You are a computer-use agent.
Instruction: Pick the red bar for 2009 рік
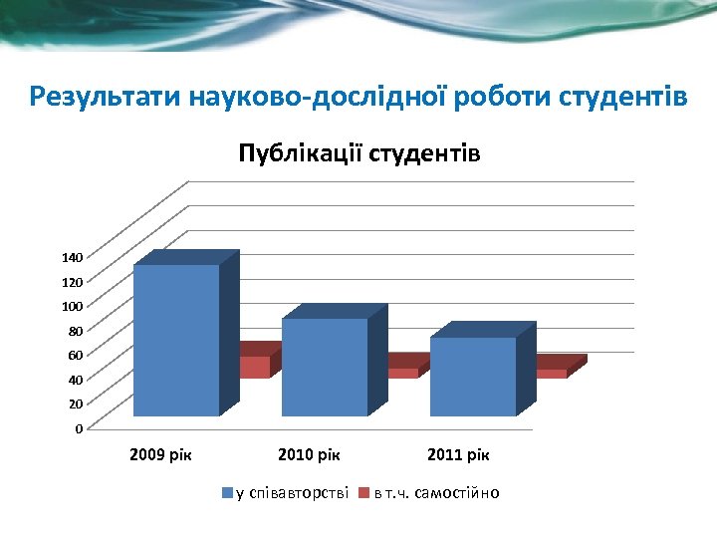[x=255, y=366]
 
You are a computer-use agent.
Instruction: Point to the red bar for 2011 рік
[x=552, y=373]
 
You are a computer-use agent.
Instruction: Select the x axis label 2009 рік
[x=161, y=455]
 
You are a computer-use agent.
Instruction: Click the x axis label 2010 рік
[x=310, y=455]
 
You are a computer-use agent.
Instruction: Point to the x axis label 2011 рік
[x=458, y=455]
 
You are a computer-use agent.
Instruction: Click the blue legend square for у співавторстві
[x=227, y=493]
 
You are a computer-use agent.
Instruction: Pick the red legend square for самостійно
[x=364, y=493]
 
